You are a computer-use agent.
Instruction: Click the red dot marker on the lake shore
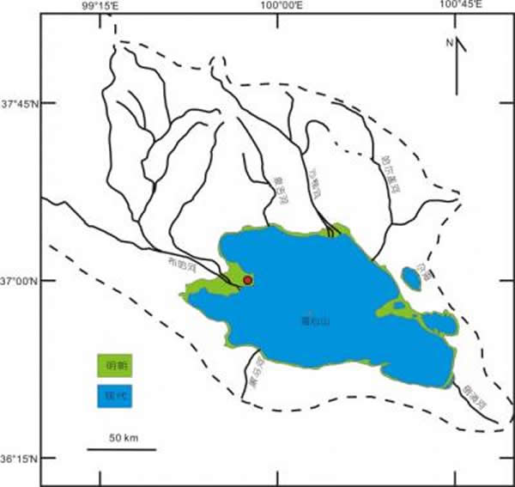pos(248,280)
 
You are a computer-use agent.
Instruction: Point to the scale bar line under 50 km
pos(120,448)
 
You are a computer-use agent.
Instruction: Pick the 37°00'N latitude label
pos(18,281)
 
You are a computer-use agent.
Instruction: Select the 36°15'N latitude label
pos(18,458)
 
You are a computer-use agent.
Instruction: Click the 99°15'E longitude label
pos(100,7)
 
